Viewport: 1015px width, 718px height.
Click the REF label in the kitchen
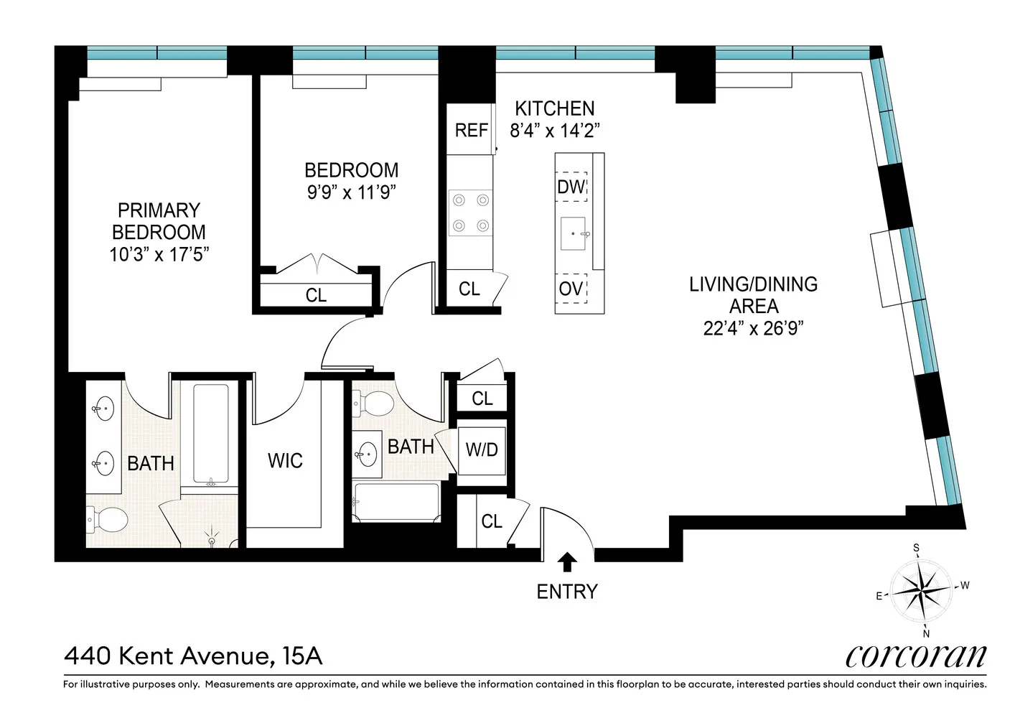[471, 130]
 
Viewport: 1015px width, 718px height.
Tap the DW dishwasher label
[571, 186]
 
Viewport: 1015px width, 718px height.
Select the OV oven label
[571, 289]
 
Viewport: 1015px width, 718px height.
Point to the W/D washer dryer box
[481, 451]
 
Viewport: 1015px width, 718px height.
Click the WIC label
[285, 460]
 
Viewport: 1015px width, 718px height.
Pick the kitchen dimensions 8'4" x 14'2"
[555, 131]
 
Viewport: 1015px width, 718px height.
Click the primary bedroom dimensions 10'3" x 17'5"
[159, 254]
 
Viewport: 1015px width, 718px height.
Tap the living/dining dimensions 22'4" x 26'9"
[753, 328]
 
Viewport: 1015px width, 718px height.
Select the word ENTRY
[567, 592]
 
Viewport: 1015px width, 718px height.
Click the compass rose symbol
[922, 591]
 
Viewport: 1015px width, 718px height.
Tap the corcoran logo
[916, 656]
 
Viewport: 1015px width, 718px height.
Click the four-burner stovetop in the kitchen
[471, 213]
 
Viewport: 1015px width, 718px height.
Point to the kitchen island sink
[573, 233]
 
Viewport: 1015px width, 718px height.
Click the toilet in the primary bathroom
[108, 519]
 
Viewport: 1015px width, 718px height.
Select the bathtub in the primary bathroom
[211, 434]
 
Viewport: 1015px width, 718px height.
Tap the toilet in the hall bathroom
[373, 403]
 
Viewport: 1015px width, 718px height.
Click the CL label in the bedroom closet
[316, 295]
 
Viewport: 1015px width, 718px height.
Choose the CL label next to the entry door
[492, 521]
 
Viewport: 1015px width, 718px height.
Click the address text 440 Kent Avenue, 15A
[194, 656]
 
